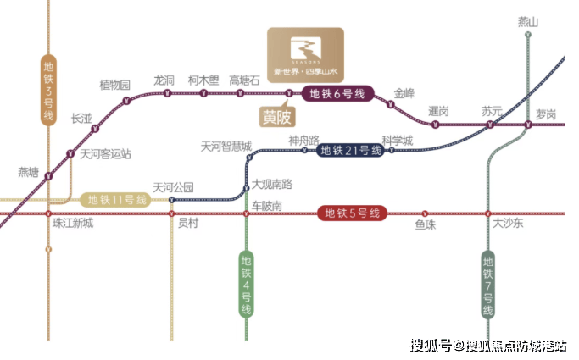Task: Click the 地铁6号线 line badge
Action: click(x=337, y=94)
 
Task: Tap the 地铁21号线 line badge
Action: click(x=349, y=151)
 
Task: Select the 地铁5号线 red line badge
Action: click(x=352, y=213)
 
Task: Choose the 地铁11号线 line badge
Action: click(x=118, y=200)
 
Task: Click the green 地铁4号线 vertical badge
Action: click(x=246, y=284)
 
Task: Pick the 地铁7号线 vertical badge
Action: click(x=487, y=284)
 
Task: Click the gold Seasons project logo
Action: click(x=305, y=53)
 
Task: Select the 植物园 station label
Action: click(x=115, y=85)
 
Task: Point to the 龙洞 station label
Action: click(x=164, y=80)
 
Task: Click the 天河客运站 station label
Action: click(x=106, y=154)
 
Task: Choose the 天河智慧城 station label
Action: click(x=226, y=146)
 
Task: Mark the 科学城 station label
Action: click(x=397, y=140)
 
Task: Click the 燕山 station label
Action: click(x=528, y=22)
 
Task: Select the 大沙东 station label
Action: click(x=509, y=224)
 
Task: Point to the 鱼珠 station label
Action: click(x=426, y=224)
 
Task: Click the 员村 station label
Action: click(x=187, y=224)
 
